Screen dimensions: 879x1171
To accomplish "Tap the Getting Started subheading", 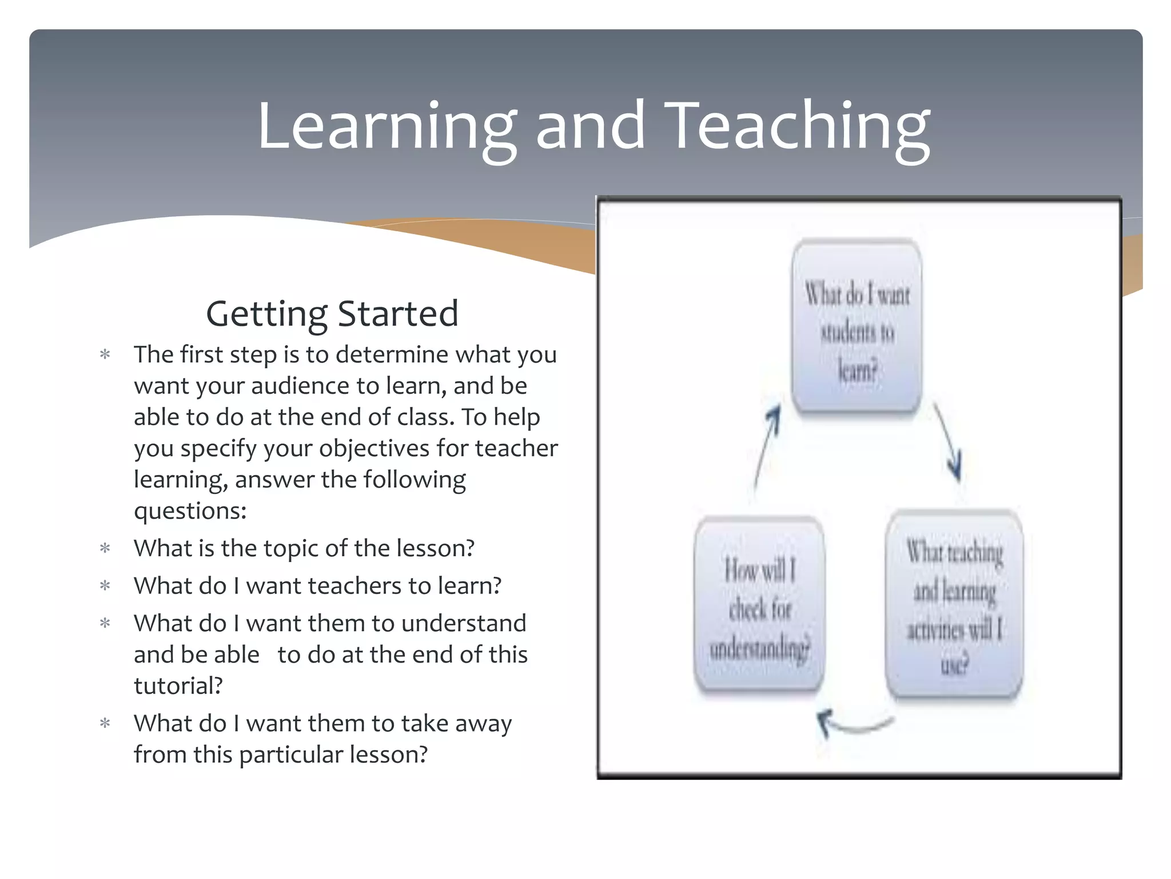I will pyautogui.click(x=332, y=314).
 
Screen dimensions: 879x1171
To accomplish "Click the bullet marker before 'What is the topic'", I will pyautogui.click(x=105, y=549).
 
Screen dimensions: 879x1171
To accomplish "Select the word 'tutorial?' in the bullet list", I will pyautogui.click(x=178, y=686).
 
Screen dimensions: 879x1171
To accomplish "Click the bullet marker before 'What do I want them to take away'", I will pyautogui.click(x=105, y=724).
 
